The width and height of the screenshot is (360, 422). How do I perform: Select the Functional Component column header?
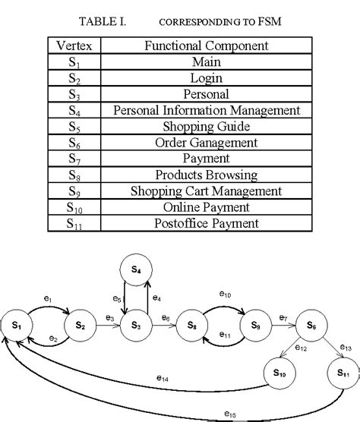pyautogui.click(x=207, y=46)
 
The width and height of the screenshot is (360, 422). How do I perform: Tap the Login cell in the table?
pyautogui.click(x=207, y=77)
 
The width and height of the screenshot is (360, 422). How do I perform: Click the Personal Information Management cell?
pyautogui.click(x=207, y=110)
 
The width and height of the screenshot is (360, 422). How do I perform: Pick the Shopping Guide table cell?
pyautogui.click(x=207, y=126)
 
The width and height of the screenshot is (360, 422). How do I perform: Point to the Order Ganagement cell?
pyautogui.click(x=207, y=142)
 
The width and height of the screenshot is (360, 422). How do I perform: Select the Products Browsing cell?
pyautogui.click(x=207, y=175)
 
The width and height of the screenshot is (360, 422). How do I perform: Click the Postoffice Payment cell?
pyautogui.click(x=207, y=223)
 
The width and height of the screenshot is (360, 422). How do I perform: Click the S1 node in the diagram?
pyautogui.click(x=16, y=326)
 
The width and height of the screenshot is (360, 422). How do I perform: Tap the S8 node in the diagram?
pyautogui.click(x=192, y=326)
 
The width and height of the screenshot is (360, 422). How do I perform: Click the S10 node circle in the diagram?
pyautogui.click(x=280, y=373)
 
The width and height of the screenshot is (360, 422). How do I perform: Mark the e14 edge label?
pyautogui.click(x=163, y=377)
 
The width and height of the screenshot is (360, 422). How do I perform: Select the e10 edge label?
pyautogui.click(x=225, y=293)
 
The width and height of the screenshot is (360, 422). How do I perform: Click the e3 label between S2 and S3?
pyautogui.click(x=109, y=317)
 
